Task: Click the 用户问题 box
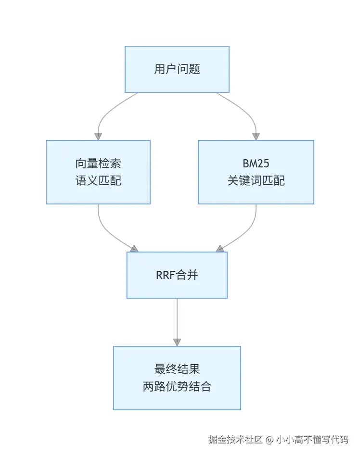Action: coord(177,69)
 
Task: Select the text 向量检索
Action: coord(98,163)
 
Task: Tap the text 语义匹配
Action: coord(98,180)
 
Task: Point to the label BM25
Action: coord(256,164)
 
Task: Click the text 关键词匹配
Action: coord(256,180)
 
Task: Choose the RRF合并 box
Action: coord(177,275)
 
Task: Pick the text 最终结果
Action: coord(177,369)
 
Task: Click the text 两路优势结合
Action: coord(177,387)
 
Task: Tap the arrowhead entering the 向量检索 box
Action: coord(98,137)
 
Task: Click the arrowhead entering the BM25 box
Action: coord(256,137)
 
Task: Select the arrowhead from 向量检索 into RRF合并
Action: coord(134,249)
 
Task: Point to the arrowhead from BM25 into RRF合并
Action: coord(220,249)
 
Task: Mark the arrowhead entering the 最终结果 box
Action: coord(177,342)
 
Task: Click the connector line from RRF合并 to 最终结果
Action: coord(177,319)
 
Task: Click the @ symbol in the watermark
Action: coord(270,440)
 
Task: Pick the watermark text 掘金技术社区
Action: coord(235,439)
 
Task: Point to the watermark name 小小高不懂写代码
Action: coord(312,439)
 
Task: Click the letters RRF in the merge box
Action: coord(166,275)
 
